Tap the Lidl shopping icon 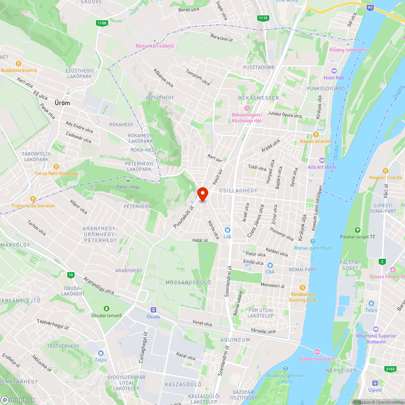[x=227, y=230]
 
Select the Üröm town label [x=62, y=103]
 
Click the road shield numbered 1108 [x=102, y=23]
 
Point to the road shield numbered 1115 [x=263, y=18]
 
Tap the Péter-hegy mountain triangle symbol [x=128, y=179]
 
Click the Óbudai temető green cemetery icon [x=106, y=309]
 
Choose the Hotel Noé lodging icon [x=334, y=70]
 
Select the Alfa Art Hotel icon [x=322, y=160]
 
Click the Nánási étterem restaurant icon [x=315, y=134]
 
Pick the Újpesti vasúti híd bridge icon [x=317, y=352]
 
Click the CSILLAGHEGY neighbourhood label [x=238, y=190]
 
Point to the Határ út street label [x=200, y=240]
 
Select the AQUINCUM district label [x=236, y=340]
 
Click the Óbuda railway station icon [x=153, y=310]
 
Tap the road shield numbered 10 [x=71, y=275]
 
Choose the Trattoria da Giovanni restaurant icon [x=33, y=199]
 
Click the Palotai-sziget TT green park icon [x=357, y=230]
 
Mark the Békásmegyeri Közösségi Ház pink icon [x=247, y=108]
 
